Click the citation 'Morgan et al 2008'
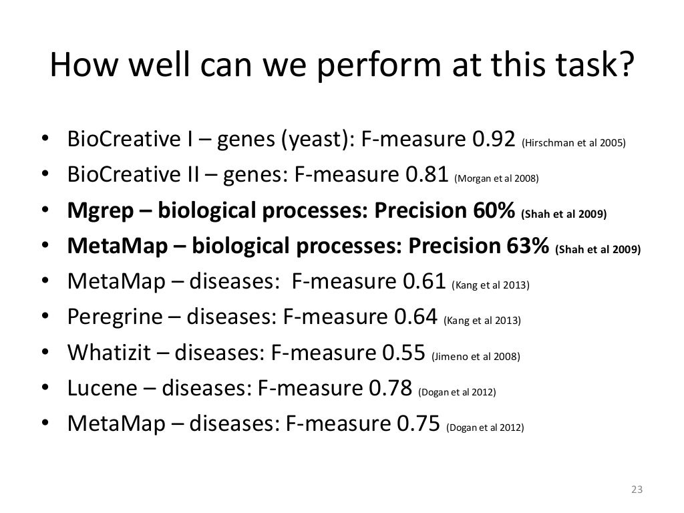(x=496, y=178)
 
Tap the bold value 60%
(x=492, y=212)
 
